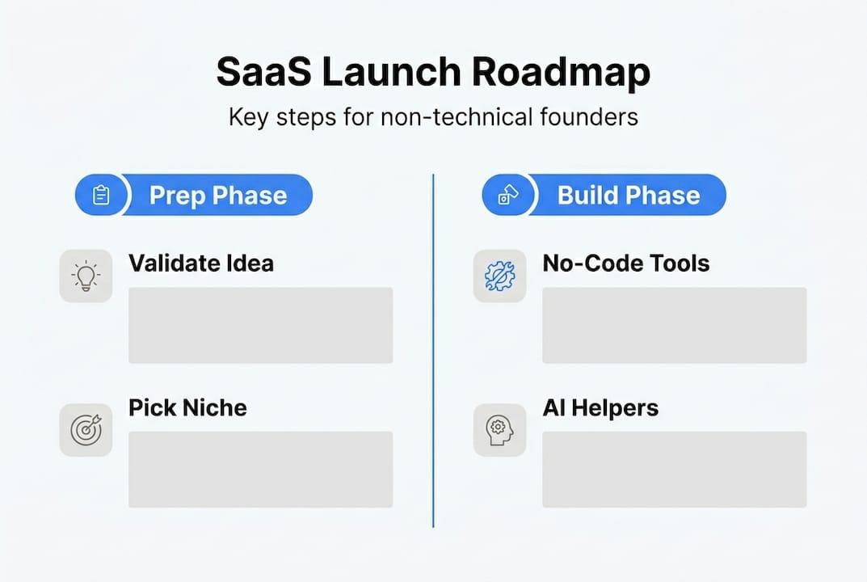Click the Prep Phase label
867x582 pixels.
pyautogui.click(x=218, y=196)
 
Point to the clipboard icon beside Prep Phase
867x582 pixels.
pyautogui.click(x=101, y=196)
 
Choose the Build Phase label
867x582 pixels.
pyautogui.click(x=629, y=196)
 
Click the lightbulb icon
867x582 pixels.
pyautogui.click(x=86, y=276)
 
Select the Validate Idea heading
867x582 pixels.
pyautogui.click(x=201, y=263)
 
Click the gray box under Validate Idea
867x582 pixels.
pyautogui.click(x=260, y=325)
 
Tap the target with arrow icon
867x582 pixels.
pyautogui.click(x=86, y=430)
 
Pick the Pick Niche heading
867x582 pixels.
pyautogui.click(x=187, y=407)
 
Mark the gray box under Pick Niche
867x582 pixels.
pyautogui.click(x=260, y=470)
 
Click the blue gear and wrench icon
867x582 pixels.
pyautogui.click(x=499, y=276)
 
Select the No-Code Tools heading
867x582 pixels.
pyautogui.click(x=626, y=263)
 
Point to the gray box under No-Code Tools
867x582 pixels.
pyautogui.click(x=674, y=325)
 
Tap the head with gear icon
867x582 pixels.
pyautogui.click(x=499, y=430)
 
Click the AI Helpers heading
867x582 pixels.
pyautogui.click(x=600, y=407)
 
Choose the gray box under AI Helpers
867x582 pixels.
pyautogui.click(x=674, y=470)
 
